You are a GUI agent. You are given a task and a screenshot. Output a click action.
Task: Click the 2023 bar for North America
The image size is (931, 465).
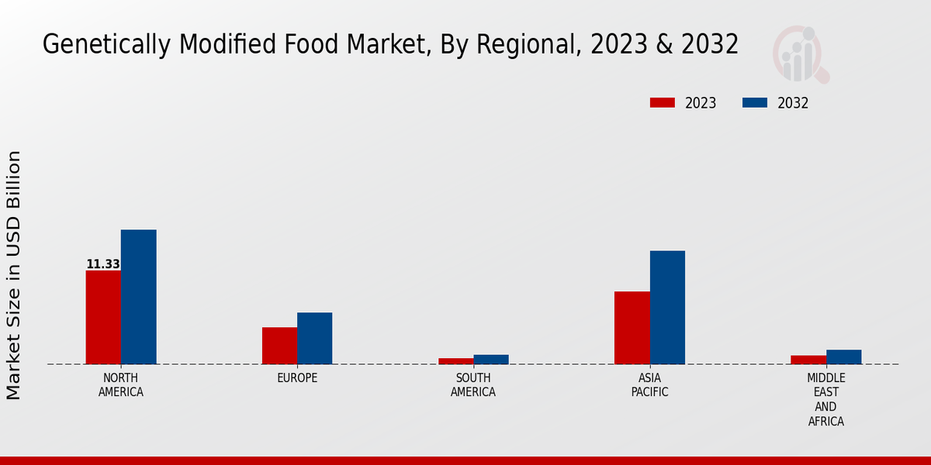(103, 317)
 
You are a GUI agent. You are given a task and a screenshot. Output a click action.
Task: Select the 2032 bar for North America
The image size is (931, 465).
(138, 297)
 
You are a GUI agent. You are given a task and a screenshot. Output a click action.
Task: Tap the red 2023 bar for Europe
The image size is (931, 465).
(279, 346)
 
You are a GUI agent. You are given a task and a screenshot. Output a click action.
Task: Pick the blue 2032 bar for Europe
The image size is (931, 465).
(314, 338)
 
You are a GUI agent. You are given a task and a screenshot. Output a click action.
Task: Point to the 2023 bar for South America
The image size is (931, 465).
(455, 361)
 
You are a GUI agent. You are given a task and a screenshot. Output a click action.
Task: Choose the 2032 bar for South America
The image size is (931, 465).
(491, 360)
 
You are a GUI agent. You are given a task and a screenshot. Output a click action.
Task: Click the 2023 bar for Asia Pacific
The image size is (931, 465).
(632, 328)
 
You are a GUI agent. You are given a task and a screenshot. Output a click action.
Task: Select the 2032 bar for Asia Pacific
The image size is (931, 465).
(667, 307)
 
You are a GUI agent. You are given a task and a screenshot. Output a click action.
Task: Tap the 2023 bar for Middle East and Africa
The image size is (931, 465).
(808, 360)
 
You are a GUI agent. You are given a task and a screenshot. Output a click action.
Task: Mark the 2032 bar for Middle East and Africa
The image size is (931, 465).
(843, 356)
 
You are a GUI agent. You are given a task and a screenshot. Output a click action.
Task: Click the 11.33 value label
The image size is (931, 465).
(103, 264)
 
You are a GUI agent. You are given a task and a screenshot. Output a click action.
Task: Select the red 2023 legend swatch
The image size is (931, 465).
(663, 103)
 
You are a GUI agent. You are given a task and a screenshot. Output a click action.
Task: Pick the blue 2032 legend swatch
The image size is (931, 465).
(755, 103)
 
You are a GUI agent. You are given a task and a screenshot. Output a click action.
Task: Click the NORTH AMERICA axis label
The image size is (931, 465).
(121, 385)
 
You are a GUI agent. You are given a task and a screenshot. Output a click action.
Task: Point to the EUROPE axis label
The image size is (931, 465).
(297, 378)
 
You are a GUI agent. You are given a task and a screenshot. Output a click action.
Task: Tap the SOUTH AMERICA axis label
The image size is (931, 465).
(473, 385)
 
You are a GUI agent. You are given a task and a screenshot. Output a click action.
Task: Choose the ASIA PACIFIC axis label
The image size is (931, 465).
(649, 385)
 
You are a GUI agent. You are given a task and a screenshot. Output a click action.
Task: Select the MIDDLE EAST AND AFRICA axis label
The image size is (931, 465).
(825, 400)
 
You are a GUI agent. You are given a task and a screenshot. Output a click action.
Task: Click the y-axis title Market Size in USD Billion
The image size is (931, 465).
(14, 275)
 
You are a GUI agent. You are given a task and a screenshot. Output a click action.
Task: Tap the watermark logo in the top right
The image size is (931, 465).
(800, 54)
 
